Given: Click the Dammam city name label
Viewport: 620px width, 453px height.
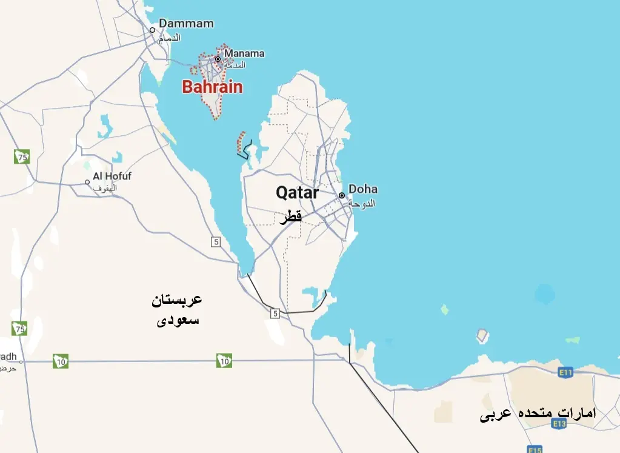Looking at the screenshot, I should (186, 24).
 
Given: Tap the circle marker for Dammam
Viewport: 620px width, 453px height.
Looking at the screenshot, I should (153, 29).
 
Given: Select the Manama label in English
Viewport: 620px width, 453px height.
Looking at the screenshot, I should (244, 53).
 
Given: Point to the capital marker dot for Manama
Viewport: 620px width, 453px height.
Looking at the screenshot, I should (218, 59).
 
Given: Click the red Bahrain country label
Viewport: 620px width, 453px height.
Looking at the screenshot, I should (212, 87).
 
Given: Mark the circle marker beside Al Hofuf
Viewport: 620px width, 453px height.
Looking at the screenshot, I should (88, 181).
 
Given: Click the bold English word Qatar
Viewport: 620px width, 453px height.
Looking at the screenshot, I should (297, 193).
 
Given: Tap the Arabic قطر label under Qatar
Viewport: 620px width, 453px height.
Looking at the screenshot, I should (290, 217).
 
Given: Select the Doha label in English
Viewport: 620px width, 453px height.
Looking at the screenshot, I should (363, 189).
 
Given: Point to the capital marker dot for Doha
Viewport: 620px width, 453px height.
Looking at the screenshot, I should (342, 195).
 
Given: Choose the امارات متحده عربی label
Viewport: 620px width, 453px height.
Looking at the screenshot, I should (538, 414).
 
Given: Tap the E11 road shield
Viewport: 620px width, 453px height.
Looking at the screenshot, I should (565, 372).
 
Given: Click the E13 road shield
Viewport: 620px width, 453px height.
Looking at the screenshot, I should (559, 424).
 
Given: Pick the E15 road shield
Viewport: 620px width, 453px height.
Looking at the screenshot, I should (535, 449).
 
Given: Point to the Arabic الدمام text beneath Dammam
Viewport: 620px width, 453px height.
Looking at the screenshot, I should (169, 38).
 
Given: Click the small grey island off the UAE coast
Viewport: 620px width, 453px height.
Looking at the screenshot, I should (483, 335).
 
